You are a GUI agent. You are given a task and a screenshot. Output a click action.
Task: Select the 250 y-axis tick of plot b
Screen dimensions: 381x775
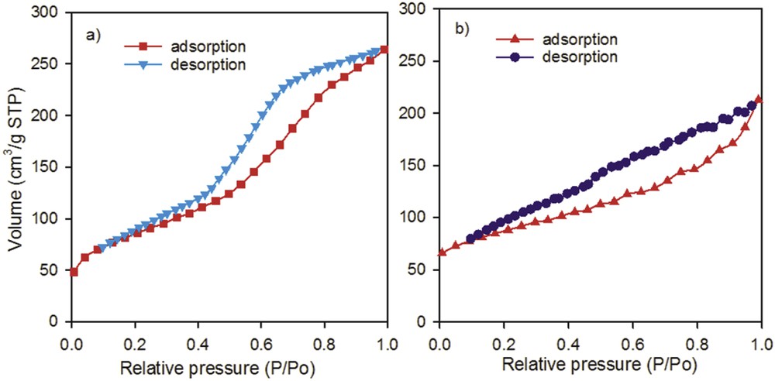point(420,61)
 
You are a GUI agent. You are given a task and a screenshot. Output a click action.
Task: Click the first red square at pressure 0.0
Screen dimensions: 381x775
point(73,272)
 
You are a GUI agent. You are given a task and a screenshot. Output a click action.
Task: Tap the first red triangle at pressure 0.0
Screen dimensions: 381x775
point(441,252)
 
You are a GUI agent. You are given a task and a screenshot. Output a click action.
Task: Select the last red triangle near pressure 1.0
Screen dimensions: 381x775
point(759,99)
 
